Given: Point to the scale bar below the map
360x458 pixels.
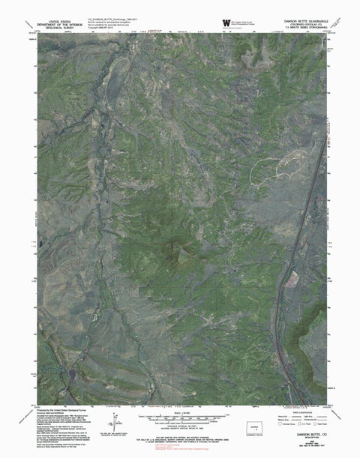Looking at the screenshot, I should [x=174, y=416].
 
